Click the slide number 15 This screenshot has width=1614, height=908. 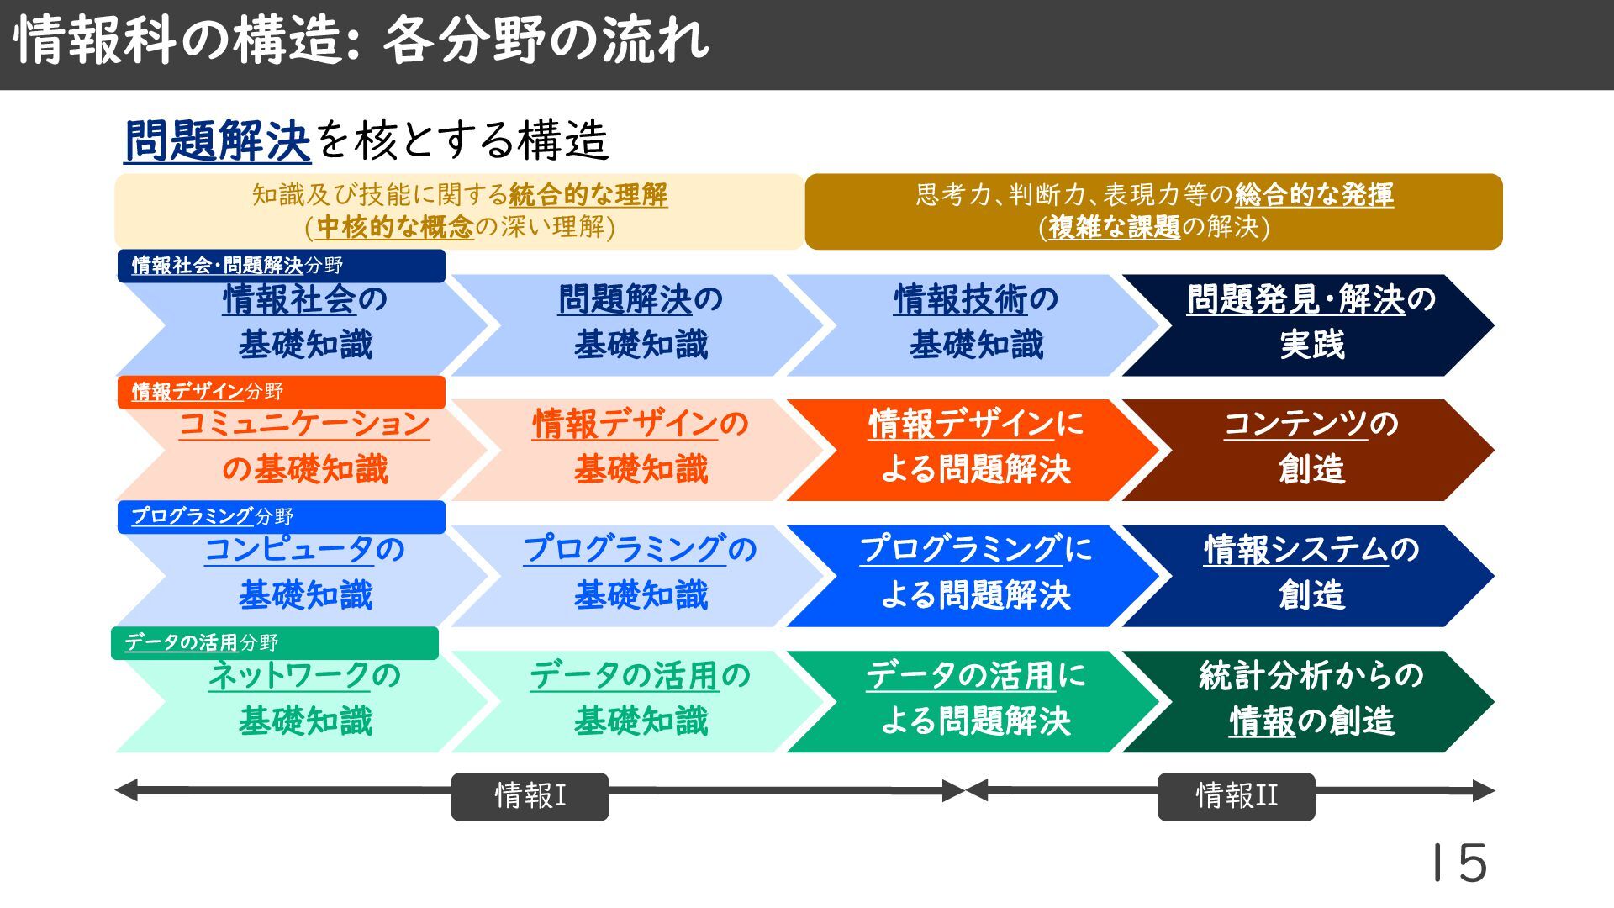tap(1460, 863)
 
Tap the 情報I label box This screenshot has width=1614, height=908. tap(530, 795)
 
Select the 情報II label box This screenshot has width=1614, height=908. tap(1236, 795)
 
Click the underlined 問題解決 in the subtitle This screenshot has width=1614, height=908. tap(218, 140)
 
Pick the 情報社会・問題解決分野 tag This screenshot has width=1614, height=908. tap(281, 266)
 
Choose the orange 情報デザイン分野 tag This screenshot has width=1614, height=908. tap(281, 392)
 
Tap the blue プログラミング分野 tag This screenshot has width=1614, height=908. tap(281, 516)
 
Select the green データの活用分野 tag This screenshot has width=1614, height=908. tap(274, 642)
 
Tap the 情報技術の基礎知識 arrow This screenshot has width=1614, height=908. tap(975, 324)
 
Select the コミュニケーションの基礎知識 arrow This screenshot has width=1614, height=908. tap(304, 449)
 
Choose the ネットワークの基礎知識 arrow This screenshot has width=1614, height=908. tap(304, 700)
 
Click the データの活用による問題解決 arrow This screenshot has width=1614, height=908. tap(975, 700)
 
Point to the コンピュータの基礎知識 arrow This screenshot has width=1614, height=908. tap(304, 575)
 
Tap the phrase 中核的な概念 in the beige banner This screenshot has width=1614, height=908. tap(395, 227)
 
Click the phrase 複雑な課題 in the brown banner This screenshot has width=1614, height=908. tap(1115, 227)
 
